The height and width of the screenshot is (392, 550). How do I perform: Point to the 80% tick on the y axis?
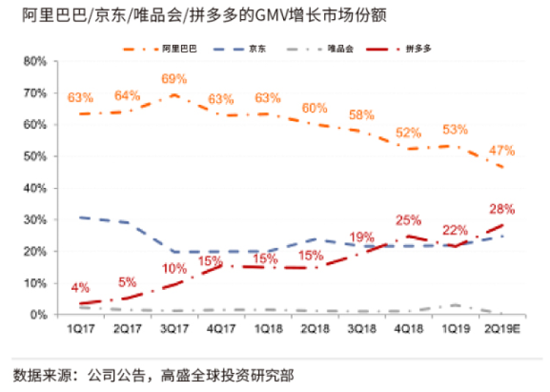(36, 62)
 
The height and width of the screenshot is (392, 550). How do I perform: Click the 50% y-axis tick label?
(36, 156)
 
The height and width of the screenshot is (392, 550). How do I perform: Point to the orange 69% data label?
(175, 79)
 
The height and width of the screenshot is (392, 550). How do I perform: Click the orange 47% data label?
(502, 150)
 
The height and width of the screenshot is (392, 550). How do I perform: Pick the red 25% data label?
(408, 219)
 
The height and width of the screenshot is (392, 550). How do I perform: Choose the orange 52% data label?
(408, 133)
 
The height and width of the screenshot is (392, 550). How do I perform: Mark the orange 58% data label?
(361, 115)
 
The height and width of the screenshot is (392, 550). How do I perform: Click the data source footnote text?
(154, 376)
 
